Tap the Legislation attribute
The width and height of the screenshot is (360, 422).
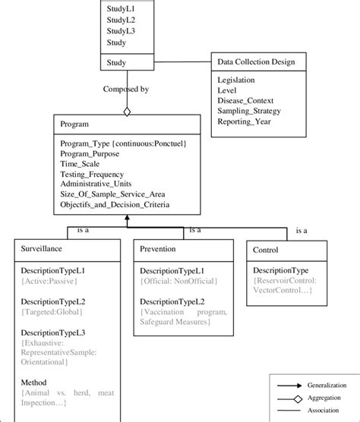coord(236,80)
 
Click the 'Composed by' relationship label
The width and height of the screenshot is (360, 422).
coord(127,89)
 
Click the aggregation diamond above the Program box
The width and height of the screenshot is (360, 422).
coord(128,112)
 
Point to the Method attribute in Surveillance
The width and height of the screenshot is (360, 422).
coord(33,383)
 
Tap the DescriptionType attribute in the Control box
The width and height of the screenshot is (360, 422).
coord(280,269)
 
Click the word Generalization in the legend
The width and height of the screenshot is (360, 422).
coord(328,386)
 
